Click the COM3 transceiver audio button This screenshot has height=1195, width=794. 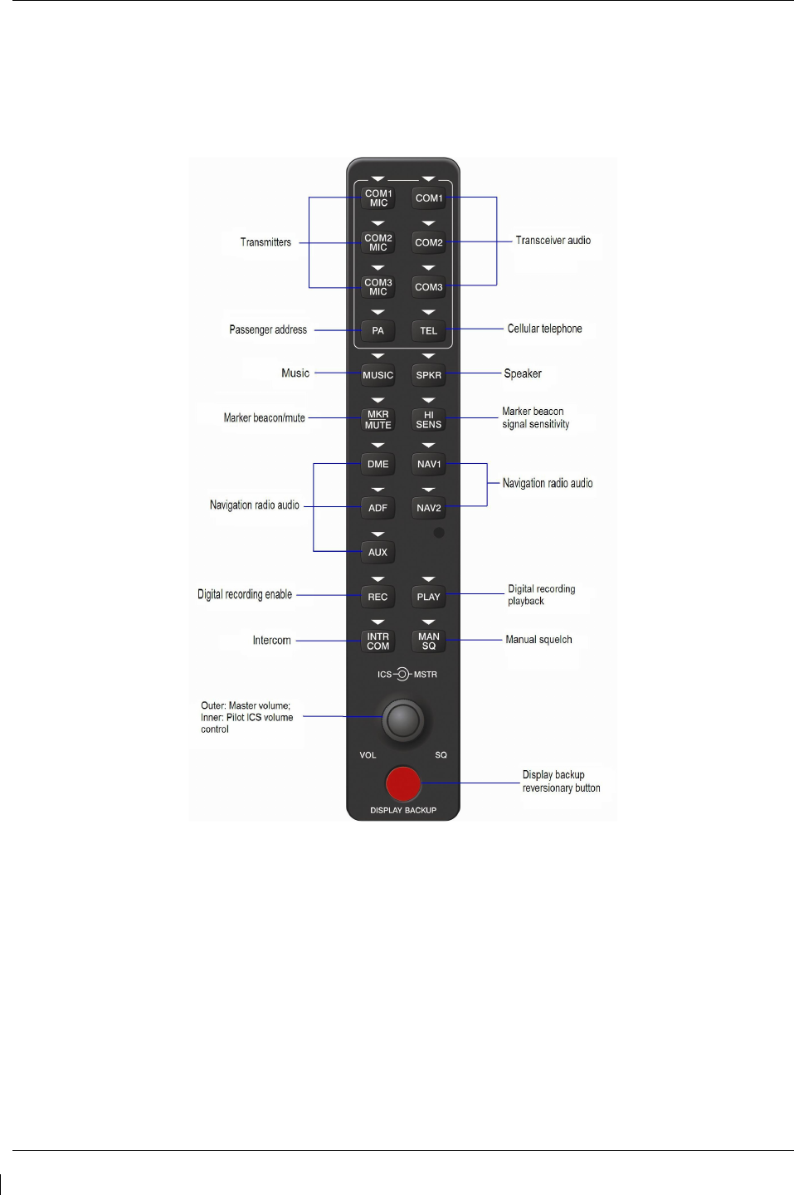pos(429,287)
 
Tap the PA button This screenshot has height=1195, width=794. pos(378,330)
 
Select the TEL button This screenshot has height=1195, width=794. pos(428,330)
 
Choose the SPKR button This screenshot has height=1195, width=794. pos(428,375)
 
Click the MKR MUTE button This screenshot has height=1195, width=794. pos(378,419)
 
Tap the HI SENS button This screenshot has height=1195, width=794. pos(428,419)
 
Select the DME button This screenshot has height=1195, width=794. pos(378,464)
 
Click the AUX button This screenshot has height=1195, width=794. pos(378,552)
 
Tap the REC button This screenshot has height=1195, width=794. pos(378,597)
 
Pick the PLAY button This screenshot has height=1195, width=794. pos(428,597)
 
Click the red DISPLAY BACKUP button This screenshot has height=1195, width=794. pos(403,783)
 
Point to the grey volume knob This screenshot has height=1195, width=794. pos(403,719)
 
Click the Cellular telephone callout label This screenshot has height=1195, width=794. pos(544,329)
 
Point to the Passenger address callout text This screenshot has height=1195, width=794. pos(268,329)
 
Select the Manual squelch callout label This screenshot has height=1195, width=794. pos(538,640)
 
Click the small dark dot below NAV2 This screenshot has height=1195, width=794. pos(439,533)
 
